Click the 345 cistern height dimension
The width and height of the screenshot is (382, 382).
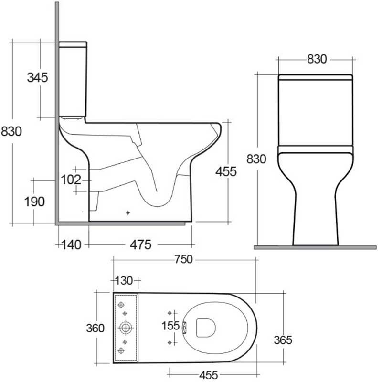click(38, 77)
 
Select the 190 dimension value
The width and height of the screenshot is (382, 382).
click(35, 202)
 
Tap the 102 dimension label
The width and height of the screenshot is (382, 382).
click(70, 180)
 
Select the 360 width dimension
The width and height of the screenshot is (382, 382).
click(95, 329)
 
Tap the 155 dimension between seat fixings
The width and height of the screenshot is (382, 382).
click(170, 327)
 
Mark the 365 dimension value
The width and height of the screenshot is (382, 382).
click(283, 340)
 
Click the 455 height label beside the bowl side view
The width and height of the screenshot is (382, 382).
click(226, 171)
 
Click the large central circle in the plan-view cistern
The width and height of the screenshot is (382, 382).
click(126, 328)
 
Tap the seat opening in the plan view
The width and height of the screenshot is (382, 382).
click(206, 327)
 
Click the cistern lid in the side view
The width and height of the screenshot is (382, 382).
click(73, 45)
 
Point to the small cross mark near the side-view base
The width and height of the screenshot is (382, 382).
click(128, 213)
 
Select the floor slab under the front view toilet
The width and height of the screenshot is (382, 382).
click(316, 247)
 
